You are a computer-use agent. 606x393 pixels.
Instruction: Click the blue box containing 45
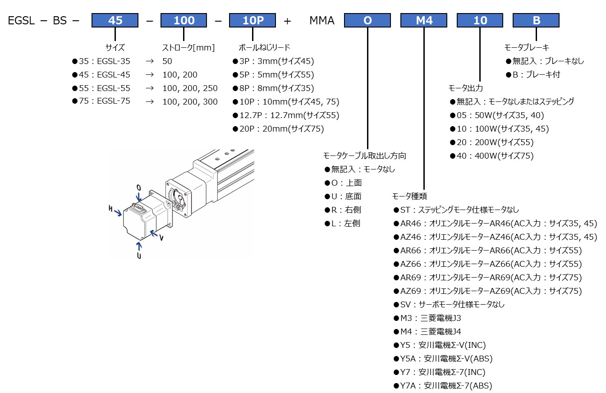tap(115, 20)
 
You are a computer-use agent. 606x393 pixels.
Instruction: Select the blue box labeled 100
tap(184, 20)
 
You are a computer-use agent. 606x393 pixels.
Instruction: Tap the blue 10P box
tap(252, 20)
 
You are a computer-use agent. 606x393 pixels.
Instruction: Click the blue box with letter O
tap(367, 20)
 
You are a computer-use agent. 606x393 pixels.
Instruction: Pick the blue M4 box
tap(424, 20)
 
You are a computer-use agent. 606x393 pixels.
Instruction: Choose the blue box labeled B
tap(536, 20)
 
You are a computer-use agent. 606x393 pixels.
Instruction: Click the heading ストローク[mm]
tap(188, 47)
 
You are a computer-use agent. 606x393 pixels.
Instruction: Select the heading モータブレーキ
tap(526, 47)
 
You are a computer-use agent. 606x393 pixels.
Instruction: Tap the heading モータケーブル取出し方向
tap(365, 156)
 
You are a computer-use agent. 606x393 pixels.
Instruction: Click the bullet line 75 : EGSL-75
tap(101, 101)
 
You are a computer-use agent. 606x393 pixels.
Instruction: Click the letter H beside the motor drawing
tap(110, 208)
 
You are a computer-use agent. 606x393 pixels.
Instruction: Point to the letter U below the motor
tap(139, 256)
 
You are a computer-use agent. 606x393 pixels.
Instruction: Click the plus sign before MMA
tap(287, 21)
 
